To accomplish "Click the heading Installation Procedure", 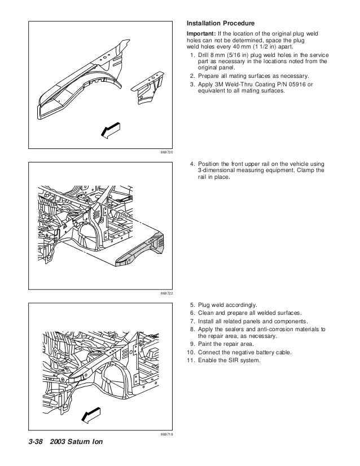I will click(221, 24).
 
